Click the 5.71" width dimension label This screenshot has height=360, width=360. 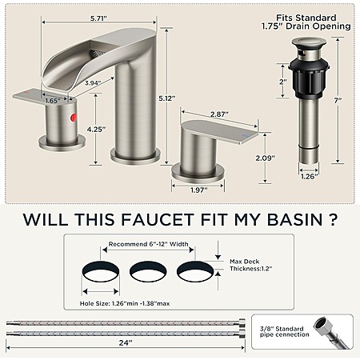pyautogui.click(x=98, y=18)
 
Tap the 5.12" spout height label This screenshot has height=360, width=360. pyautogui.click(x=167, y=98)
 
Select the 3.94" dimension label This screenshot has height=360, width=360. pyautogui.click(x=93, y=83)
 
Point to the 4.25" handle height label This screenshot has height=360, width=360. pyautogui.click(x=96, y=130)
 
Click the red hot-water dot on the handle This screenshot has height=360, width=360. pyautogui.click(x=74, y=118)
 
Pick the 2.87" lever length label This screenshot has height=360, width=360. pyautogui.click(x=219, y=114)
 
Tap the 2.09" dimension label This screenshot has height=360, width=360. pyautogui.click(x=265, y=158)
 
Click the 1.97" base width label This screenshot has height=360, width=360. pyautogui.click(x=199, y=190)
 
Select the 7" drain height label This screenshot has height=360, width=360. pyautogui.click(x=338, y=101)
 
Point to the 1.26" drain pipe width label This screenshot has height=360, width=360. pyautogui.click(x=310, y=176)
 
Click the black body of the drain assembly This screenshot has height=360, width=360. pyautogui.click(x=309, y=78)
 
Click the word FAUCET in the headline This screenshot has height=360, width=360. pyautogui.click(x=157, y=219)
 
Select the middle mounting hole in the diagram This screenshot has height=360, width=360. pyautogui.click(x=148, y=271)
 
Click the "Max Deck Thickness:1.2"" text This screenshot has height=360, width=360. pyautogui.click(x=250, y=265)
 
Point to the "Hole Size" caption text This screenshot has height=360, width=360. pyautogui.click(x=125, y=303)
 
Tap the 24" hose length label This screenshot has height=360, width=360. pyautogui.click(x=126, y=342)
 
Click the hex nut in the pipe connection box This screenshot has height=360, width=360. pyautogui.click(x=322, y=326)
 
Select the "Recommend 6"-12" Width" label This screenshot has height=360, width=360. pyautogui.click(x=148, y=244)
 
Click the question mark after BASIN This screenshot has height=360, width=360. pyautogui.click(x=333, y=219)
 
